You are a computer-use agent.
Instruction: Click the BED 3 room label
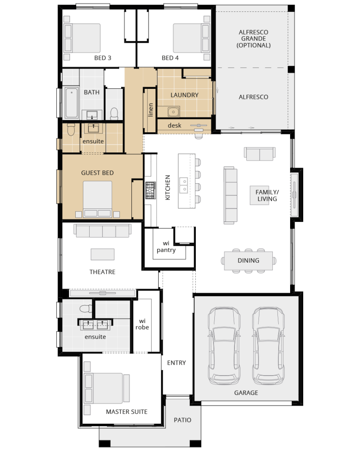[103, 58]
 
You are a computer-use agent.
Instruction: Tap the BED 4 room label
[170, 58]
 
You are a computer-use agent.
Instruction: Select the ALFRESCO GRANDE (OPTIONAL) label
[253, 39]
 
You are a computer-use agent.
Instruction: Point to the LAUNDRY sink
[173, 111]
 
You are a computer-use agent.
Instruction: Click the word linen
[150, 110]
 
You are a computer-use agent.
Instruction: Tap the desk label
[175, 125]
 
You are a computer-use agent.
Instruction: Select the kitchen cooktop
[150, 190]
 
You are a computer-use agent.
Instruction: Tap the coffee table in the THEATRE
[103, 254]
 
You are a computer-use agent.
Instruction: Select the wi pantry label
[166, 247]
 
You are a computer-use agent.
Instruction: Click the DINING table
[248, 261]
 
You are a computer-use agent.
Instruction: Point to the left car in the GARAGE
[224, 346]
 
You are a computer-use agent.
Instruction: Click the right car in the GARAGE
[269, 346]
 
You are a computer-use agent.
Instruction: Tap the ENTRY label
[176, 363]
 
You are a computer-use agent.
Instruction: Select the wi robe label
[142, 324]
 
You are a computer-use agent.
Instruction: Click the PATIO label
[183, 420]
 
